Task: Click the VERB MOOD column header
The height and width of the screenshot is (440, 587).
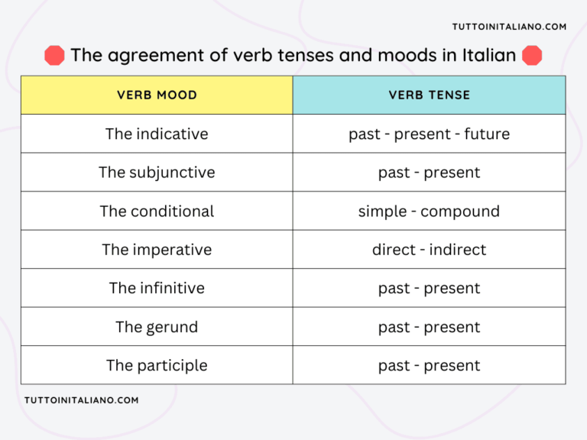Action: [x=157, y=95]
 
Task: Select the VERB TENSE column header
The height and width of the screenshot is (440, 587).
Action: [x=429, y=95]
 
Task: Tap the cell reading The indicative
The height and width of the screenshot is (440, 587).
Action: [x=157, y=134]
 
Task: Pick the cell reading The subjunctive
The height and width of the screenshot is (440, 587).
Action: [x=157, y=173]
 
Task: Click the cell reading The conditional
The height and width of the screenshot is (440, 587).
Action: [x=157, y=212]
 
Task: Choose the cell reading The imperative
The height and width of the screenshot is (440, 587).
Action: [x=157, y=250]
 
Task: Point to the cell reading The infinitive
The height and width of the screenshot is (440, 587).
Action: [x=157, y=288]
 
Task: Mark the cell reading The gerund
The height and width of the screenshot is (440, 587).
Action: [x=157, y=327]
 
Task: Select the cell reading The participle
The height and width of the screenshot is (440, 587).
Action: [x=157, y=366]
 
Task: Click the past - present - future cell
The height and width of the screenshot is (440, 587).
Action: [x=429, y=134]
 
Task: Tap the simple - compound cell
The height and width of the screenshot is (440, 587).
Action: [x=429, y=212]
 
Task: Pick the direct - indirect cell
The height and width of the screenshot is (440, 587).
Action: [x=429, y=250]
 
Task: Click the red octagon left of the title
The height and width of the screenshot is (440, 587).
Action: [x=54, y=55]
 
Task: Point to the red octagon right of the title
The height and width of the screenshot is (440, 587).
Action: [x=532, y=55]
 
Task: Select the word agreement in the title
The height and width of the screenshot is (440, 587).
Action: [x=146, y=55]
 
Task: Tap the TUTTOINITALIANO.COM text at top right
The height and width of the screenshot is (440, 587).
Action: [x=509, y=27]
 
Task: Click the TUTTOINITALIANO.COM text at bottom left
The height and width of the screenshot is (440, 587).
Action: [x=82, y=400]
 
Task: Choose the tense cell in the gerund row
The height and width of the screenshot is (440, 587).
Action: [x=429, y=327]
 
